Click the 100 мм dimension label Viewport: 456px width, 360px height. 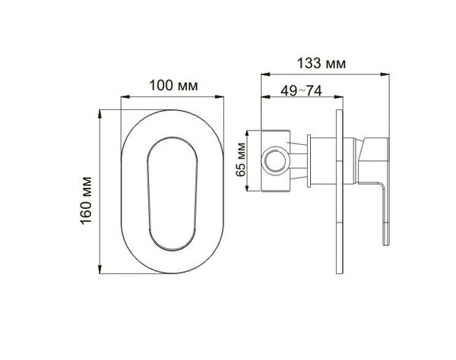tap(173, 86)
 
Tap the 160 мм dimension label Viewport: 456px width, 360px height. tap(86, 201)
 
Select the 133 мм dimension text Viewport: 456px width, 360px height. tap(321, 63)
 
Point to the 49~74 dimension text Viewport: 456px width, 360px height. tap(301, 91)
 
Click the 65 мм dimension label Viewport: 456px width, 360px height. tap(241, 159)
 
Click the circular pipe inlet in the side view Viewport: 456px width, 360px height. tap(275, 161)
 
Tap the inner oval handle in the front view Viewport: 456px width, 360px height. tap(173, 194)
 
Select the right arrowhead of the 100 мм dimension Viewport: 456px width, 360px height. tap(220, 97)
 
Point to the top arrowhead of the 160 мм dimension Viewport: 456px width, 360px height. tap(100, 114)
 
